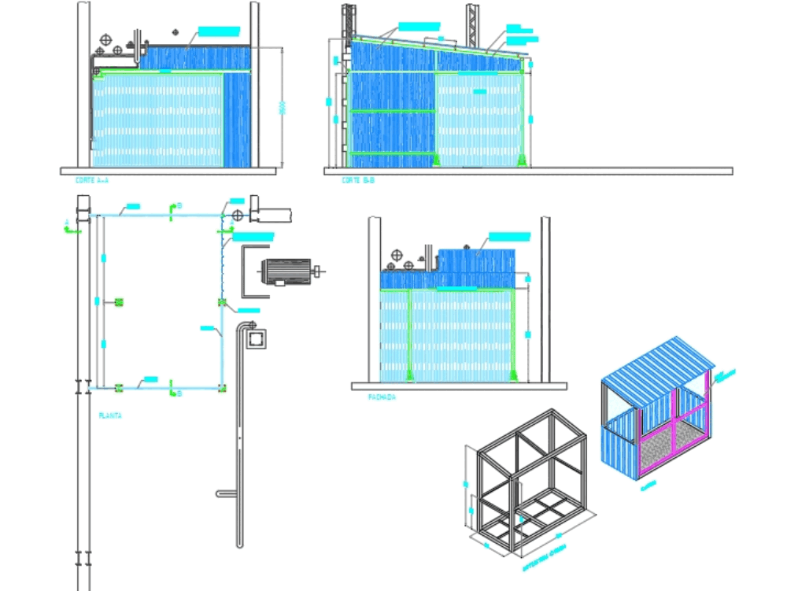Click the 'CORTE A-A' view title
click(x=91, y=181)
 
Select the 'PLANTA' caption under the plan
click(x=109, y=415)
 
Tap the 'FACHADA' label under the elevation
click(x=382, y=398)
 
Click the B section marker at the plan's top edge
click(x=173, y=207)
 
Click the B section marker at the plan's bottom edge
click(x=173, y=390)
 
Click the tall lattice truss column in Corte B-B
click(x=472, y=24)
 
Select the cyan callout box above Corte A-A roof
click(x=218, y=31)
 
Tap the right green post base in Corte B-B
click(x=520, y=161)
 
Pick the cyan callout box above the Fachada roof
click(x=510, y=236)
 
